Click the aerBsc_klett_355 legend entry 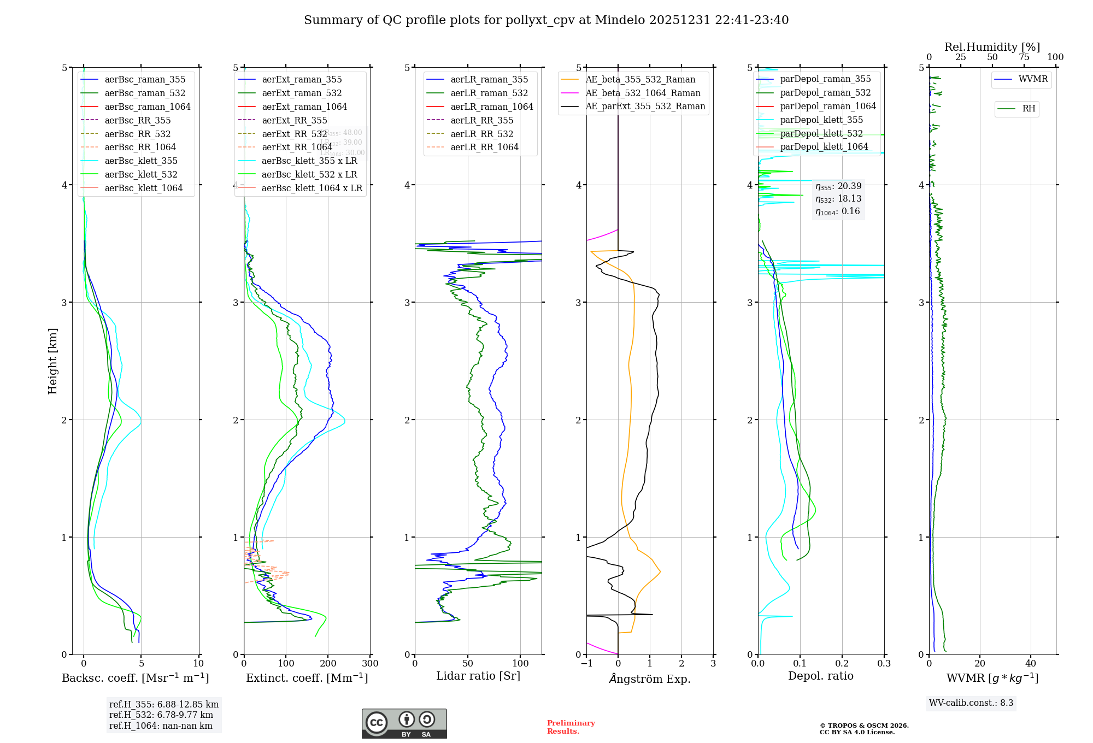click(x=140, y=161)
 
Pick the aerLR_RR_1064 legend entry click(x=484, y=147)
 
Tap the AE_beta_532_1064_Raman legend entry click(x=643, y=93)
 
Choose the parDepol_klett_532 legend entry click(x=821, y=133)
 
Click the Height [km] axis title click(x=52, y=361)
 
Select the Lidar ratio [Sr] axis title click(x=478, y=676)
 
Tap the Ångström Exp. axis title click(x=649, y=679)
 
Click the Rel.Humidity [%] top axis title click(x=992, y=47)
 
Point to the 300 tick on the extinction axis click(x=370, y=663)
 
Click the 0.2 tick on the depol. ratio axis click(x=842, y=663)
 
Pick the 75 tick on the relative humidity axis click(x=1024, y=57)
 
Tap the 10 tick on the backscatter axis click(x=198, y=663)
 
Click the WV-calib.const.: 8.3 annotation click(x=971, y=703)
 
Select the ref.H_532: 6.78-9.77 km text click(x=161, y=715)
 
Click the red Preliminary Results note click(x=571, y=727)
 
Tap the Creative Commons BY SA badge click(x=404, y=723)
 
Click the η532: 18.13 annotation click(x=838, y=199)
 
